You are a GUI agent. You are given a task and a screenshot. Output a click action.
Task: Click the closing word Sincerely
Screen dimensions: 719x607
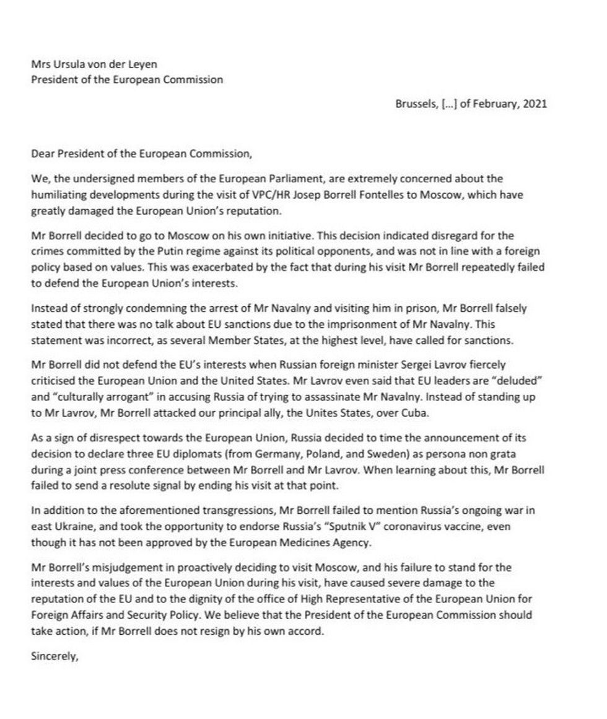coord(54,657)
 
